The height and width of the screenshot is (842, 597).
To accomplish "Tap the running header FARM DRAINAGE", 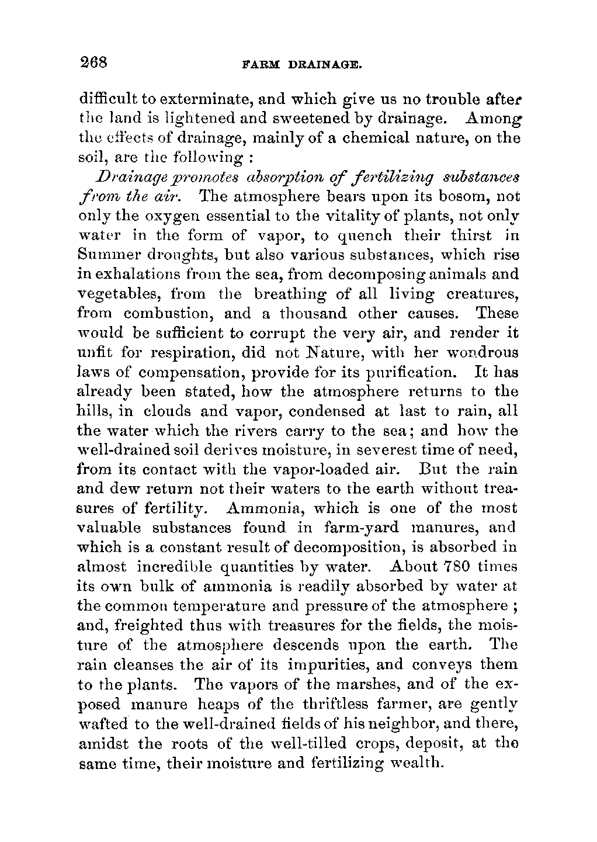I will pyautogui.click(x=299, y=63).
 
